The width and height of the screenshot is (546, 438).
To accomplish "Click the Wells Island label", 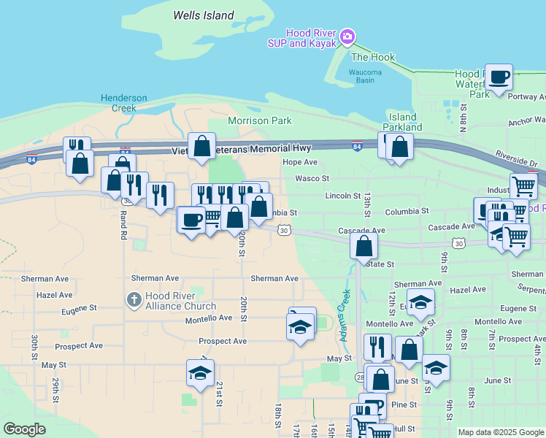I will pos(204,15).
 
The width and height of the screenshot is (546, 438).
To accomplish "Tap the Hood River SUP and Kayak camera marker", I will pos(347,36).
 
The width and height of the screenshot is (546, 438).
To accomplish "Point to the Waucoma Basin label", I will pos(361,76).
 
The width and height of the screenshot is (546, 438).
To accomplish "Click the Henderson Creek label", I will pos(124,103).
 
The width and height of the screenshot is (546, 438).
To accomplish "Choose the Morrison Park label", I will pos(260,120).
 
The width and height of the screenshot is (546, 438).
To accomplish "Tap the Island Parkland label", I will pos(402,122).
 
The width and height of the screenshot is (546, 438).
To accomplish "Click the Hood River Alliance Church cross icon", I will pos(134,299).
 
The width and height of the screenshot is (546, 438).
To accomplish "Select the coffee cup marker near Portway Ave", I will pos(499,77).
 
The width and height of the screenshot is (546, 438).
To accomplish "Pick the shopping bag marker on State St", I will pos(364,246).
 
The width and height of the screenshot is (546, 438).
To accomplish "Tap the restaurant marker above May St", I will pos(377,347).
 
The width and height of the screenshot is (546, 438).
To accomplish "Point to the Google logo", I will pos(24,429).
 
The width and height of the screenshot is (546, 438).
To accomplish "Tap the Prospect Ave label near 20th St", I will pos(223,341).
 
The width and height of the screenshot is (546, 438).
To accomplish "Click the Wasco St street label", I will pos(312,178).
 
